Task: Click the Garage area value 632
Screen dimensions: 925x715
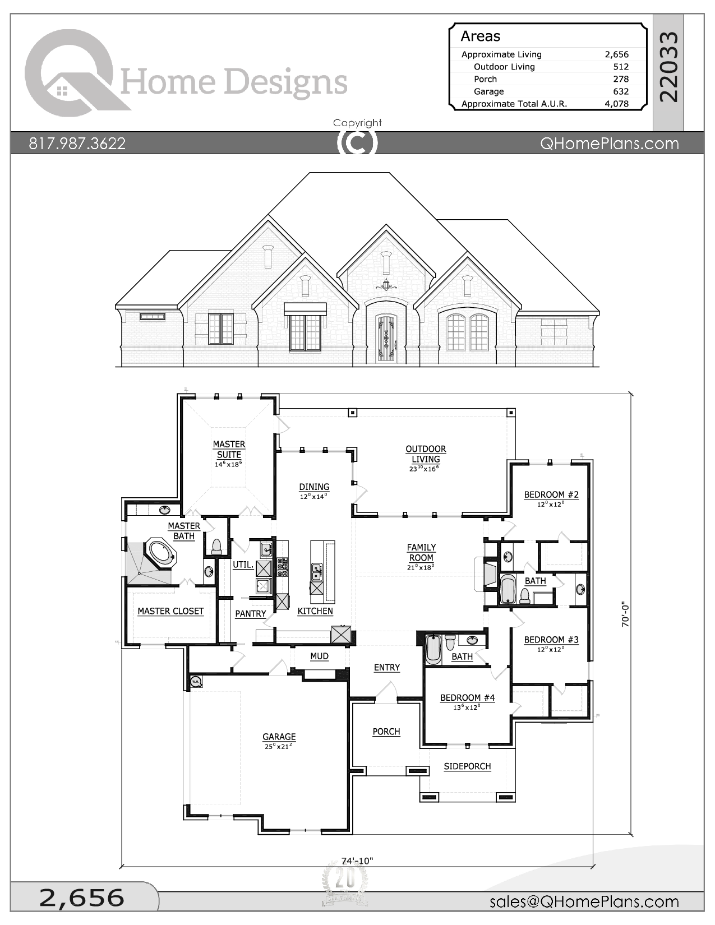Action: pyautogui.click(x=620, y=91)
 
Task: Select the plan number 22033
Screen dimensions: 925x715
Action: pyautogui.click(x=668, y=67)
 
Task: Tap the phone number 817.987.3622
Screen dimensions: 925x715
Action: pyautogui.click(x=77, y=144)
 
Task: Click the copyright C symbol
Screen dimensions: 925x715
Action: pyautogui.click(x=357, y=143)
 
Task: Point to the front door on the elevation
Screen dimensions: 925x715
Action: pyautogui.click(x=386, y=339)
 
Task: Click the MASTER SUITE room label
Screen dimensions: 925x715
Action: pyautogui.click(x=229, y=450)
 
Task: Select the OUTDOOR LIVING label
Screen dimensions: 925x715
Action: pyautogui.click(x=426, y=454)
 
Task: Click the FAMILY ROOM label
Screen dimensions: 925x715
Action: pyautogui.click(x=421, y=553)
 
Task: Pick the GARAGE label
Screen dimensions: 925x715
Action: pyautogui.click(x=279, y=737)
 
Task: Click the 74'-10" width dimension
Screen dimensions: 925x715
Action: pyautogui.click(x=357, y=861)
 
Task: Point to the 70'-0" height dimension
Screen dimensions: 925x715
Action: pyautogui.click(x=626, y=614)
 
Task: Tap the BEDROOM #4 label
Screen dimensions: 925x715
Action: pyautogui.click(x=467, y=698)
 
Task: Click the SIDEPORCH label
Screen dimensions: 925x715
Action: pyautogui.click(x=467, y=766)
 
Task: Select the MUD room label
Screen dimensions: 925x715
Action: pyautogui.click(x=319, y=656)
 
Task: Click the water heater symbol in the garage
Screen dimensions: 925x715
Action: pyautogui.click(x=196, y=682)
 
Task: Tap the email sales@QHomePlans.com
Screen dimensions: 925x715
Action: pyautogui.click(x=584, y=901)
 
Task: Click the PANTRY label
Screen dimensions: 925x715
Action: pyautogui.click(x=250, y=614)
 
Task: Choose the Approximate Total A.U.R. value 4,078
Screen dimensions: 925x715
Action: pyautogui.click(x=616, y=104)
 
